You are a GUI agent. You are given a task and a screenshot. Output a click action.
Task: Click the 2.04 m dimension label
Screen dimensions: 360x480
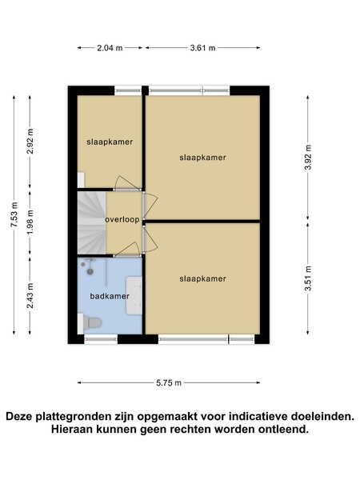click(110, 48)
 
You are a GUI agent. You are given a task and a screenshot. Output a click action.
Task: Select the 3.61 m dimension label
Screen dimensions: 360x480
click(202, 48)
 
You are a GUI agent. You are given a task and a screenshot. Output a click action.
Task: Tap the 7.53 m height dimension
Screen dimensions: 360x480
click(14, 214)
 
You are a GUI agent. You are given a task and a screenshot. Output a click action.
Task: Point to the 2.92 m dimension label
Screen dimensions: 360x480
click(30, 141)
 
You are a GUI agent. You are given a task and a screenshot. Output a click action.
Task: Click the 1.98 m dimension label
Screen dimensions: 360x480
click(30, 222)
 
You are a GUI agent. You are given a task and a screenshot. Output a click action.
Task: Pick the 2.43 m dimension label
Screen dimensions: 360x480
click(30, 296)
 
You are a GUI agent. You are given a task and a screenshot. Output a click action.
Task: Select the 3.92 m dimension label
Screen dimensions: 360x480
click(308, 157)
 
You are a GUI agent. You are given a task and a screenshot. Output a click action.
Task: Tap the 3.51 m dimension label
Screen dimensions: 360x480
click(308, 278)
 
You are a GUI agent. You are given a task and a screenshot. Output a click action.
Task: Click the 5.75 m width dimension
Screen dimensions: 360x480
click(169, 382)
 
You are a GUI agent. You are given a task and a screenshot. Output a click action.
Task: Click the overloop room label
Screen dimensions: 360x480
click(122, 219)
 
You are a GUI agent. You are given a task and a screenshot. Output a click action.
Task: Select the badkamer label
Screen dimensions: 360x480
click(110, 296)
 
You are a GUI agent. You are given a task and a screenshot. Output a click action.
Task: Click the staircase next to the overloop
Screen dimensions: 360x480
click(91, 223)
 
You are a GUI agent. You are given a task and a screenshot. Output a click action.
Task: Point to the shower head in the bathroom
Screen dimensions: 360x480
click(90, 271)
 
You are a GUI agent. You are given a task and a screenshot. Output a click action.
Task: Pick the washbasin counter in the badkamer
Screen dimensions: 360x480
click(134, 295)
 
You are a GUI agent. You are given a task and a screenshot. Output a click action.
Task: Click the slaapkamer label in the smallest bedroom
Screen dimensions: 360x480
click(110, 142)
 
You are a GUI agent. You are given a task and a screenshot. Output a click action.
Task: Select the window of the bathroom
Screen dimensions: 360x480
click(101, 339)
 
